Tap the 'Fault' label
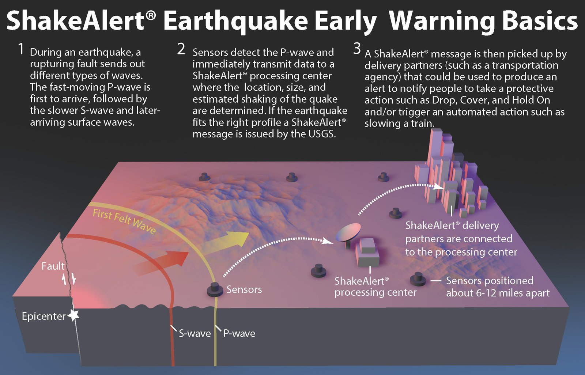[53, 266]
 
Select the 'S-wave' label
[195, 333]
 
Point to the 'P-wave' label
[239, 333]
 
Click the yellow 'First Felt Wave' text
[124, 221]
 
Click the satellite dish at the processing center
[348, 234]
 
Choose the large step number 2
[181, 49]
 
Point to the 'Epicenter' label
[44, 317]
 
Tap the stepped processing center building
[367, 252]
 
